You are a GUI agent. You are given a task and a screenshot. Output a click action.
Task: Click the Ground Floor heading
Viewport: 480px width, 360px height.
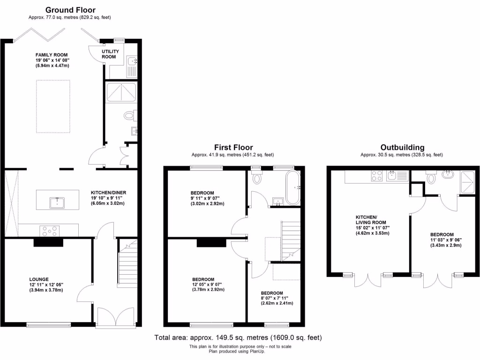[x=70, y=10]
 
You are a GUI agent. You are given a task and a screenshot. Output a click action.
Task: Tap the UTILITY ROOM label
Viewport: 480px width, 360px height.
[x=111, y=54]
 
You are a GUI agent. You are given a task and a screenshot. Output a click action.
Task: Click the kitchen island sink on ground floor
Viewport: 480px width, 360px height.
[x=57, y=202]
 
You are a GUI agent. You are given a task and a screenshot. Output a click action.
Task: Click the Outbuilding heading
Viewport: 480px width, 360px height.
[x=402, y=147]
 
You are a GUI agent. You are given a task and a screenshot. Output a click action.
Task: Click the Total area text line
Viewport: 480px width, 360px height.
[x=239, y=337]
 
